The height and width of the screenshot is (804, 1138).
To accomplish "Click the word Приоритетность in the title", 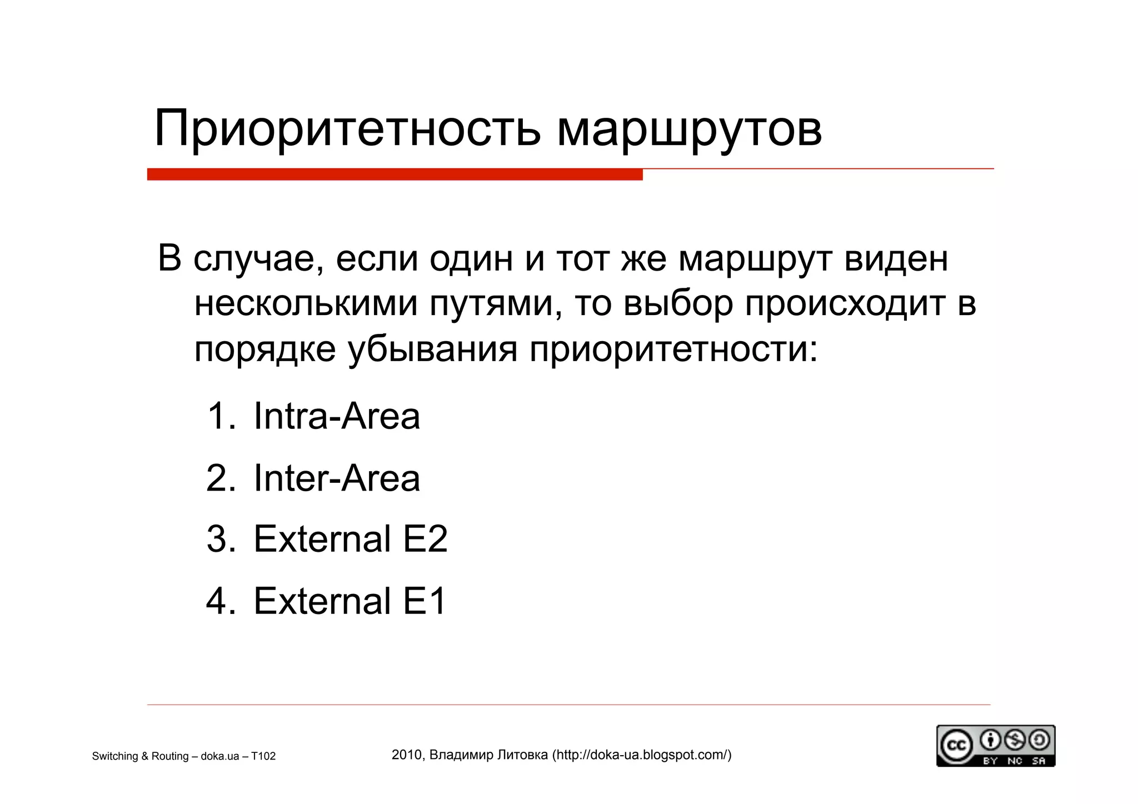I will (347, 129).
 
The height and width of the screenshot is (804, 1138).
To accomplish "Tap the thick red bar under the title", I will (395, 174).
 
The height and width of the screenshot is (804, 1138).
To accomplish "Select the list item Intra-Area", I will (336, 416).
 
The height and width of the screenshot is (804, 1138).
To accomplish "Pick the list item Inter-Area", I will (336, 478).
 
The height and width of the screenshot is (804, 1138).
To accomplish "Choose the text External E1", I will (350, 601).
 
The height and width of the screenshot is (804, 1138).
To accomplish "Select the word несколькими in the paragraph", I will (306, 304).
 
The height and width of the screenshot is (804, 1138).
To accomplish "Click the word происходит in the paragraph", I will (845, 304).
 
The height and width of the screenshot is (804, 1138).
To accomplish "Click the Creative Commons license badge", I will (995, 746).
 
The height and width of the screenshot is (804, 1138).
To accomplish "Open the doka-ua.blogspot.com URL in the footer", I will (642, 755).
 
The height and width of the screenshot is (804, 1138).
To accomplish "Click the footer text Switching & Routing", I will (138, 756).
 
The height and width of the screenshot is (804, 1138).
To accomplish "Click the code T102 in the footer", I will (263, 756).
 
